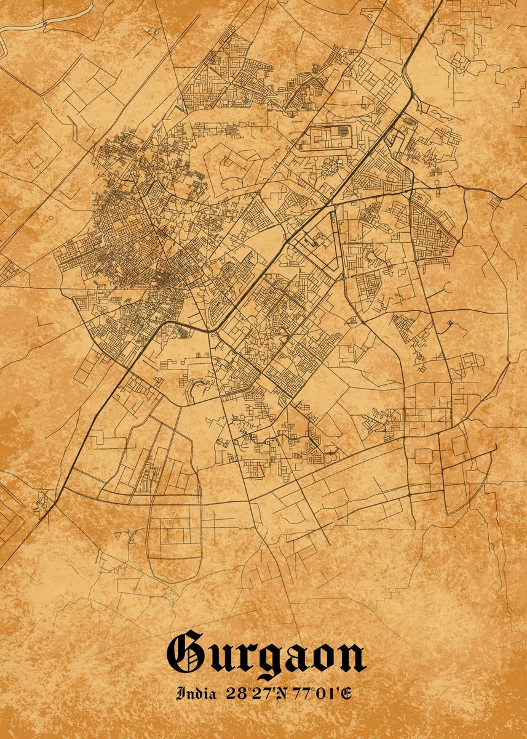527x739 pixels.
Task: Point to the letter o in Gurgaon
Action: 326,658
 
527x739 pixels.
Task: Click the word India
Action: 196,694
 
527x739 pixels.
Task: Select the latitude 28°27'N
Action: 252,694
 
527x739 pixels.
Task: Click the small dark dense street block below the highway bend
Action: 184,333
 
